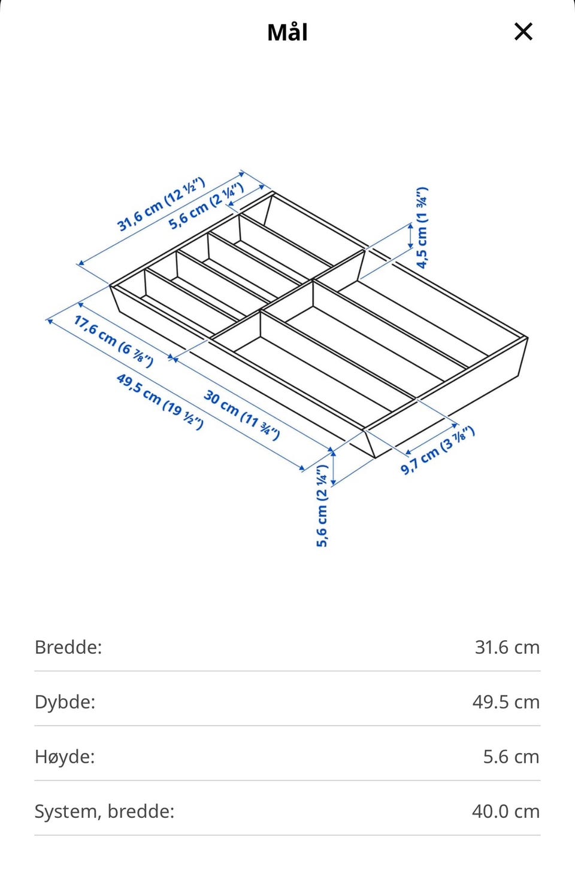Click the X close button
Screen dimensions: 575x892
tap(523, 32)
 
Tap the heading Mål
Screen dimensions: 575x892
tap(287, 32)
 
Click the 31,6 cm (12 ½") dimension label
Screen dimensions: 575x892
tap(161, 204)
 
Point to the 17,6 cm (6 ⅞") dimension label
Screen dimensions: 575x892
tap(113, 341)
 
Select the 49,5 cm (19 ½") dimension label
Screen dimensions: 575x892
tap(160, 401)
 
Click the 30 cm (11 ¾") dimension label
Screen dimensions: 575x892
tap(241, 415)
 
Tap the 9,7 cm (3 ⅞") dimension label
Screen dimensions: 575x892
tap(437, 450)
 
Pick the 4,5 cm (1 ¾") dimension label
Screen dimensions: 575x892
tap(422, 228)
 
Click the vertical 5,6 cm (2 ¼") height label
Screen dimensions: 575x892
tap(322, 506)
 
